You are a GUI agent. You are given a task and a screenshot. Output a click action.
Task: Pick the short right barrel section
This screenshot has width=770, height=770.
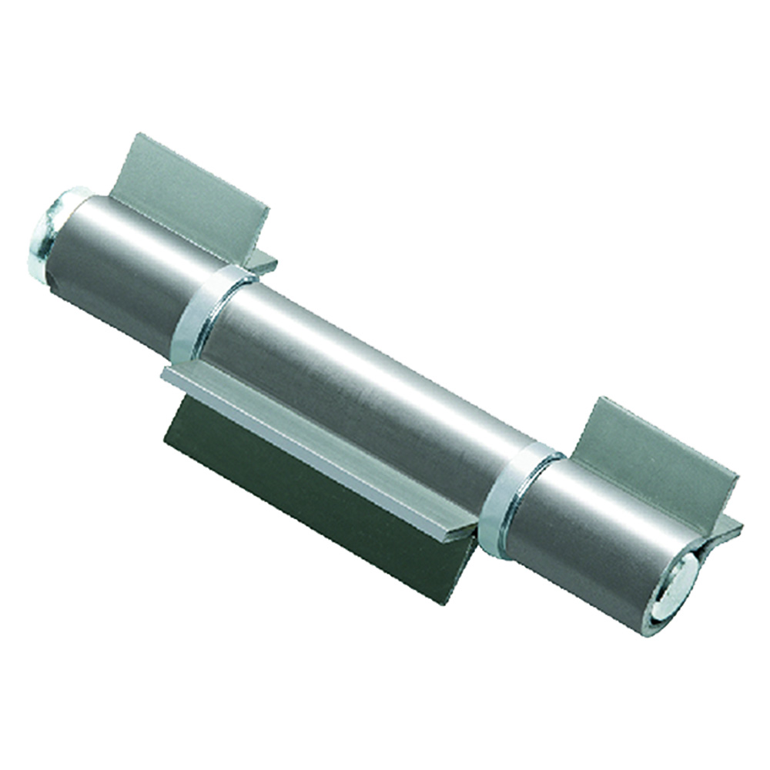coord(593,531)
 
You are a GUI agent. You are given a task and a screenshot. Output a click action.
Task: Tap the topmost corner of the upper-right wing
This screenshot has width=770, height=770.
coord(603,398)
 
